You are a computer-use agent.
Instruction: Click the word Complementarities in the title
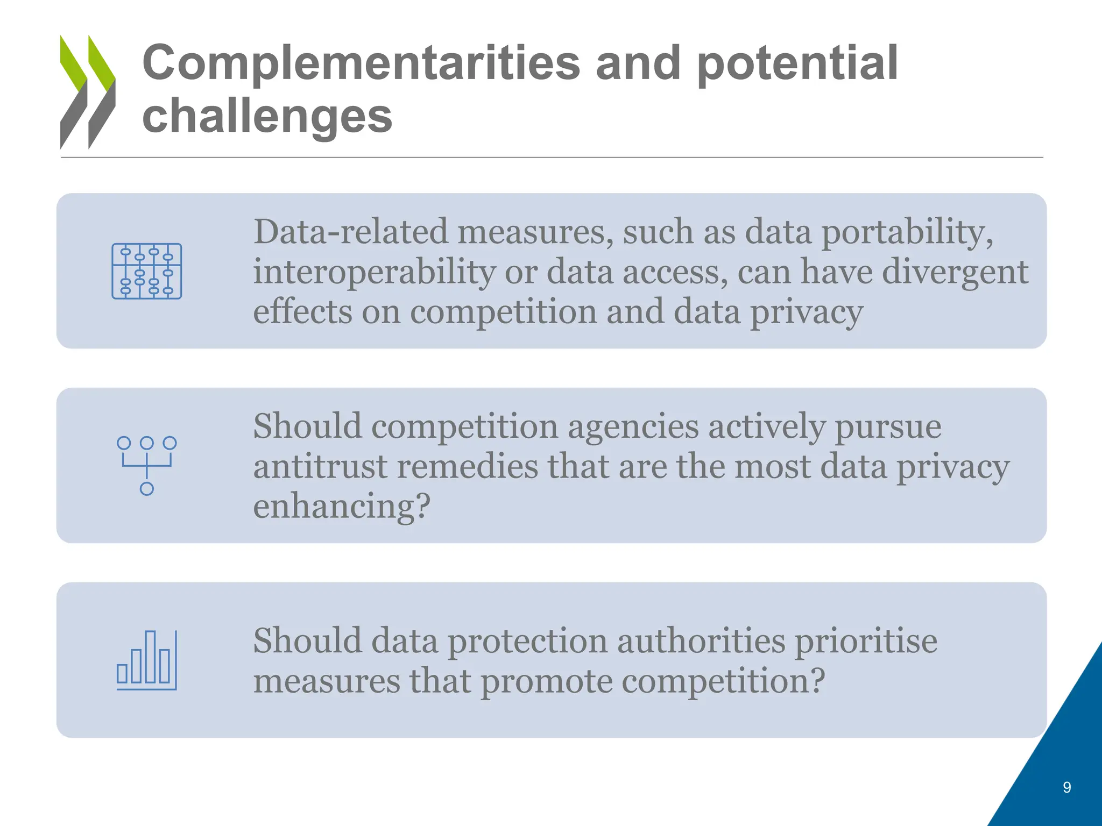pyautogui.click(x=361, y=63)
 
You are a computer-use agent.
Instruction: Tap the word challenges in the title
pyautogui.click(x=267, y=117)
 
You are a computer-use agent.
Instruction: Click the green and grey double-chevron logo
pyautogui.click(x=88, y=92)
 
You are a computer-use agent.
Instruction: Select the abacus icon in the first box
pyautogui.click(x=147, y=271)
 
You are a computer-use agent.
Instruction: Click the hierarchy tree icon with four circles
pyautogui.click(x=147, y=465)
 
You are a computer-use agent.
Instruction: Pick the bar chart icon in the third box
pyautogui.click(x=147, y=660)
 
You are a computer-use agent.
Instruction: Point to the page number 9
pyautogui.click(x=1067, y=787)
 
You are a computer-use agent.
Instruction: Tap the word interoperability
pyautogui.click(x=374, y=272)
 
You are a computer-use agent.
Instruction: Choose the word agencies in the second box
pyautogui.click(x=633, y=426)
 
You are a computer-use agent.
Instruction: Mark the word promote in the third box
pyautogui.click(x=546, y=681)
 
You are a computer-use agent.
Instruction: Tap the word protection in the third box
pyautogui.click(x=527, y=642)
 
